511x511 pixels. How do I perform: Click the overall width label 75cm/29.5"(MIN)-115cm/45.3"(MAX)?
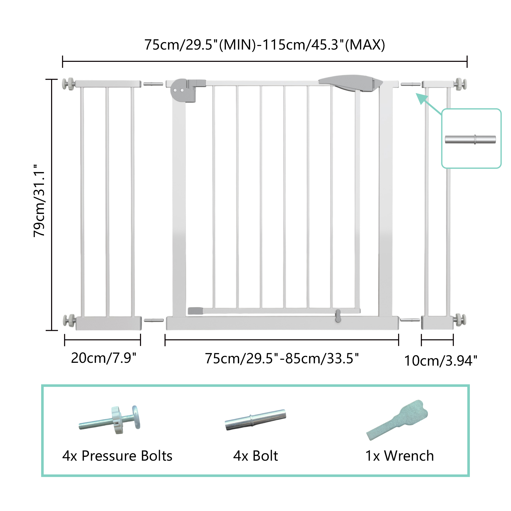pos(264,45)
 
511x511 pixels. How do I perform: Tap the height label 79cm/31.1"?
pos(39,201)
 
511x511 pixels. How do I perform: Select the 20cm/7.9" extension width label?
pos(103,358)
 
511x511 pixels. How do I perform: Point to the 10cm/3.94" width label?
pos(441,361)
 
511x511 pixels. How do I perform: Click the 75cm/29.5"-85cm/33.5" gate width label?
pos(282,359)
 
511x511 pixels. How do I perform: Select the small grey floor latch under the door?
pos(338,316)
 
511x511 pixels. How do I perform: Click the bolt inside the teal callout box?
pos(470,140)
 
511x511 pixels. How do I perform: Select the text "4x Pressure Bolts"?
pos(117,456)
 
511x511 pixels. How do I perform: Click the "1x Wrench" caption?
pos(399,456)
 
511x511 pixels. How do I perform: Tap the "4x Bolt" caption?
pos(255,456)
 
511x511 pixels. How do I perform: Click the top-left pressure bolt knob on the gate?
pos(68,84)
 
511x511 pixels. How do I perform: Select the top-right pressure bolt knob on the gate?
pos(461,84)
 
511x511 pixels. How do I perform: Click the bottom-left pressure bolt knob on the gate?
pos(69,321)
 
